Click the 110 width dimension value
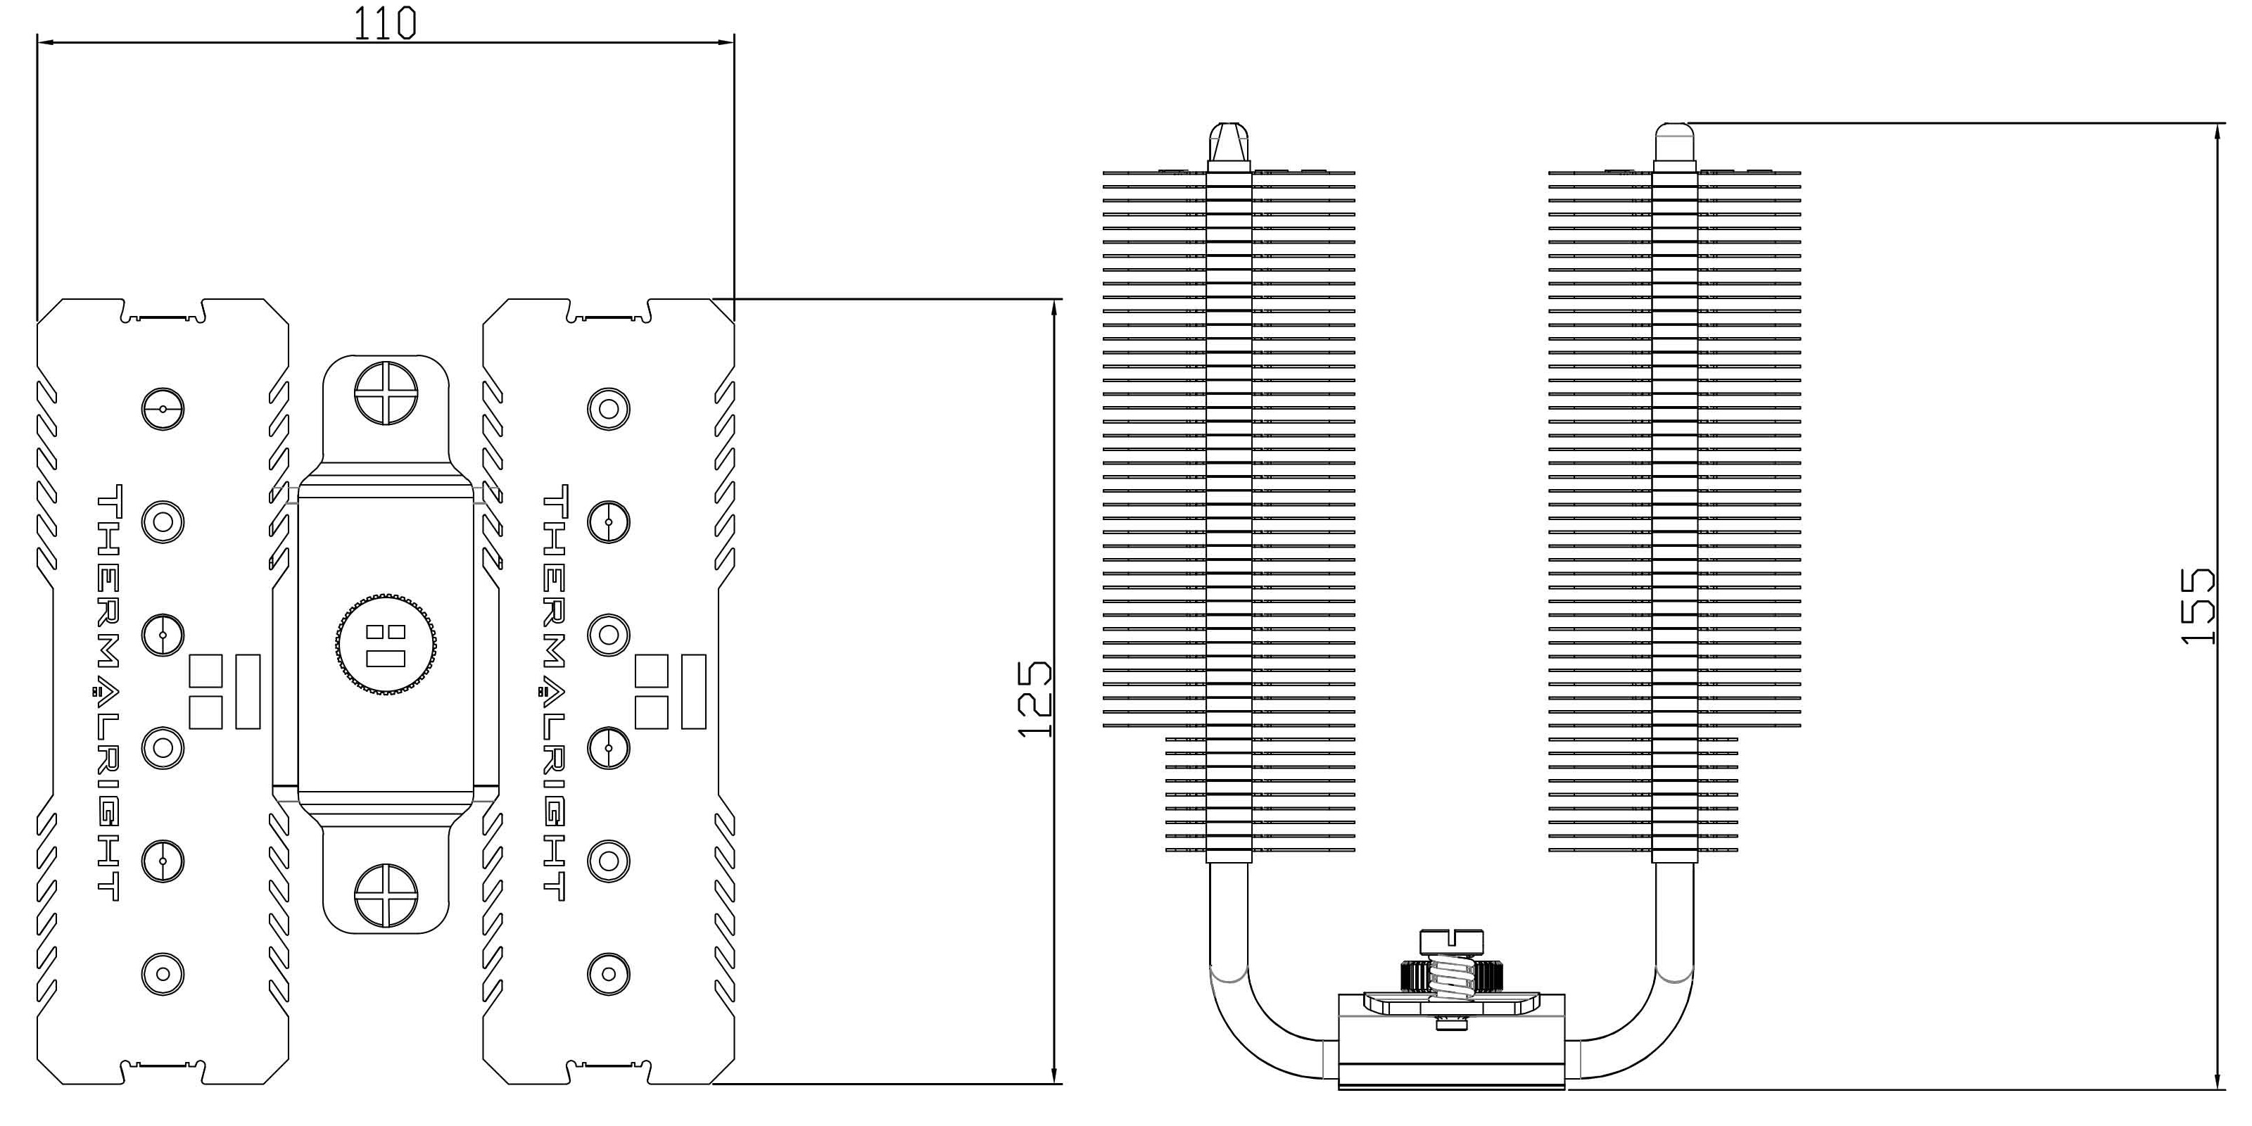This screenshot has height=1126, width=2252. click(385, 24)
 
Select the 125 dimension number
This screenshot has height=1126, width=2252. click(1035, 699)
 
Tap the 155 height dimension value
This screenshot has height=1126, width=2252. click(2199, 607)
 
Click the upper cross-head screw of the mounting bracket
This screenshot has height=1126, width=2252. click(386, 393)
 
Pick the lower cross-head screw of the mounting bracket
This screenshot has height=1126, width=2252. click(386, 895)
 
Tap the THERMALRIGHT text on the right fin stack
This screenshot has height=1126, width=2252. click(555, 692)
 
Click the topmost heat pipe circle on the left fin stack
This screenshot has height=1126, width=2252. click(163, 408)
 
